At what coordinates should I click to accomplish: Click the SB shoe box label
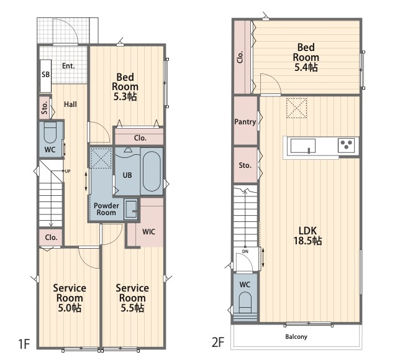pyautogui.click(x=45, y=75)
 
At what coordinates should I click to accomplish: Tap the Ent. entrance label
pyautogui.click(x=68, y=66)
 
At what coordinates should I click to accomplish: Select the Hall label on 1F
pyautogui.click(x=70, y=104)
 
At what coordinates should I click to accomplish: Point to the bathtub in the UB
pyautogui.click(x=152, y=172)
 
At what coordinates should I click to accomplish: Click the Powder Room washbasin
pyautogui.click(x=131, y=210)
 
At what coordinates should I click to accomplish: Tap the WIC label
pyautogui.click(x=148, y=232)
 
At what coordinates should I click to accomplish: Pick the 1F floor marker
pyautogui.click(x=24, y=344)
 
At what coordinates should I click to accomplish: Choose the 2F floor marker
pyautogui.click(x=218, y=343)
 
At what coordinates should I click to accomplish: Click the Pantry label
pyautogui.click(x=245, y=122)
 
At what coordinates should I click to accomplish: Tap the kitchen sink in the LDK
pyautogui.click(x=303, y=146)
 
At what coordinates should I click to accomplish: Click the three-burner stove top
pyautogui.click(x=346, y=144)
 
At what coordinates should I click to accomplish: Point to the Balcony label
pyautogui.click(x=296, y=336)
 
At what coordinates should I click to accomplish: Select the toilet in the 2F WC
pyautogui.click(x=245, y=303)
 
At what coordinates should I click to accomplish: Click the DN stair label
pyautogui.click(x=245, y=252)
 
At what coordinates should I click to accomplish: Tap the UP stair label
pyautogui.click(x=68, y=172)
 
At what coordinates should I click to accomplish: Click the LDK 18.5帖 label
pyautogui.click(x=307, y=236)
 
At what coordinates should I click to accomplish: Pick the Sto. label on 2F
pyautogui.click(x=245, y=165)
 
